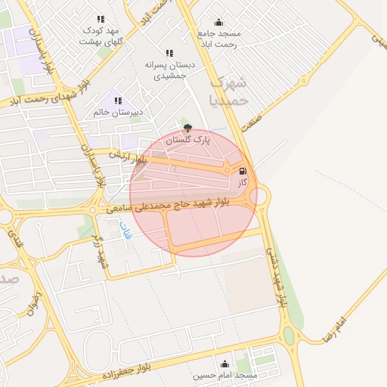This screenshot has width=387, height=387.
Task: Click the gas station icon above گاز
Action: (x=243, y=171)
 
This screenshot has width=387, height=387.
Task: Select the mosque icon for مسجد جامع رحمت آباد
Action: (x=218, y=23)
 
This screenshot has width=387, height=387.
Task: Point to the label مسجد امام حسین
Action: (x=224, y=375)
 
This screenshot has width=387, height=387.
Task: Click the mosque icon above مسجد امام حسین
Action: (x=224, y=364)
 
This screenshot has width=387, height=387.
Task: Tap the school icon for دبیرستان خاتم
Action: (x=117, y=100)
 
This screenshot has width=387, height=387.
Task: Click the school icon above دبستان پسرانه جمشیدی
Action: (x=169, y=53)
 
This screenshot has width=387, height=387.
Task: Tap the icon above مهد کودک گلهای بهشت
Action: (x=101, y=19)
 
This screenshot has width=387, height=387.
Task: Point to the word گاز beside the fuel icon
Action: (x=243, y=183)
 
